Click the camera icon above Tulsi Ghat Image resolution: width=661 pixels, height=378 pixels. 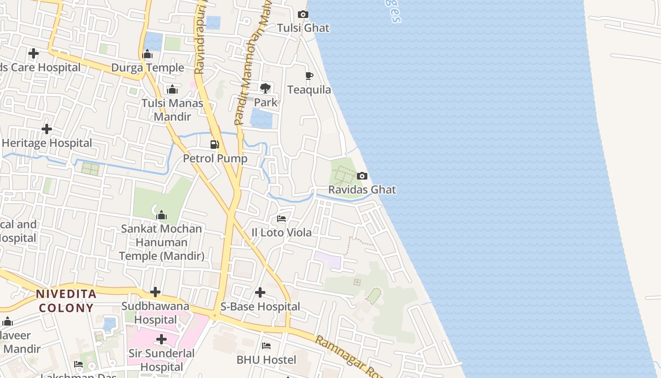(x=304, y=15)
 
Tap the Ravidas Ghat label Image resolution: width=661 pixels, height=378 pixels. (x=362, y=189)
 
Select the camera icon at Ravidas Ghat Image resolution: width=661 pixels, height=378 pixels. (x=362, y=176)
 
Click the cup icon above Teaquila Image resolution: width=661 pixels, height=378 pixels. (x=309, y=76)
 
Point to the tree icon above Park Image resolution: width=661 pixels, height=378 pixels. (x=265, y=88)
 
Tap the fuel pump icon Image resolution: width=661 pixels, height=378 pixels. (x=215, y=145)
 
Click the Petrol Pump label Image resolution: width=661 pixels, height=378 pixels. (x=215, y=158)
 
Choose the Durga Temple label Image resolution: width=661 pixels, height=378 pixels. (x=147, y=68)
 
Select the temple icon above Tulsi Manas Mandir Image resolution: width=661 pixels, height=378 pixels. (x=172, y=89)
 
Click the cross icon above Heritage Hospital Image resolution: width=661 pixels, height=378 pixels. (x=47, y=129)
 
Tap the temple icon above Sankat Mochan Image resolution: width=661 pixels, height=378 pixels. (x=161, y=215)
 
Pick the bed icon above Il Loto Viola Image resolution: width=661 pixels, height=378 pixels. (x=281, y=219)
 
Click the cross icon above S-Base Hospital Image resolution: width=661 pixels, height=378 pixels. (x=260, y=292)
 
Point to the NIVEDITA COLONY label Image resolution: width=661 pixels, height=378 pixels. (x=66, y=301)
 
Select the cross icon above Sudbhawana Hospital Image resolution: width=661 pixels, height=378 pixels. (x=155, y=292)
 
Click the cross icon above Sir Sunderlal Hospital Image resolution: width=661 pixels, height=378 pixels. (x=161, y=339)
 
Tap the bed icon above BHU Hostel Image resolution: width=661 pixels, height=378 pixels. (x=266, y=346)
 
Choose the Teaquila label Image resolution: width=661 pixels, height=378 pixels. (x=309, y=90)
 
